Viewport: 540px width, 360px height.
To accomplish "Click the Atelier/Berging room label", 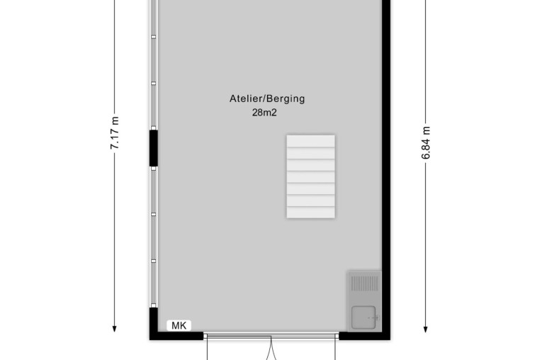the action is point(267,99).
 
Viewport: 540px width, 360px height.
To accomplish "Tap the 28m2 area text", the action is point(264,113).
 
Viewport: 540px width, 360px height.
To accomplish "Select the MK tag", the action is point(179,325).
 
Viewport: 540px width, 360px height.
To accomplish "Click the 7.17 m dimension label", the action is point(114,133).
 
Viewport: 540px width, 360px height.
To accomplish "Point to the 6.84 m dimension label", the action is point(426,142).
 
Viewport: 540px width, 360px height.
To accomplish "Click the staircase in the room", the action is point(310,176).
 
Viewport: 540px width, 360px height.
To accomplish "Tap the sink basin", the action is point(364,317).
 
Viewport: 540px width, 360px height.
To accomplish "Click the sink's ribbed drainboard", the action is point(364,284).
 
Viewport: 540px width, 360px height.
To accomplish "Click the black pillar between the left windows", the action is point(154,148).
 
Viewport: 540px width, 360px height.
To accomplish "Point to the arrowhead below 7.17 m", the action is point(114,329).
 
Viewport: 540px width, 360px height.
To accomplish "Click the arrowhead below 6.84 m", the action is point(426,329).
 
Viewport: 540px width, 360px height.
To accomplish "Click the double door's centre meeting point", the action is point(271,339).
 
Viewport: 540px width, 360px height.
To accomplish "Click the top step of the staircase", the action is point(310,141).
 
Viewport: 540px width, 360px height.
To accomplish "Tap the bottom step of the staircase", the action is point(310,212).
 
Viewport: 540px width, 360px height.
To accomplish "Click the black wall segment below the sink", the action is point(365,336).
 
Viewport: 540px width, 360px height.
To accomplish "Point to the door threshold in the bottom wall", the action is point(271,336).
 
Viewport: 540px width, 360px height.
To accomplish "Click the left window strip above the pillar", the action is point(154,64).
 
